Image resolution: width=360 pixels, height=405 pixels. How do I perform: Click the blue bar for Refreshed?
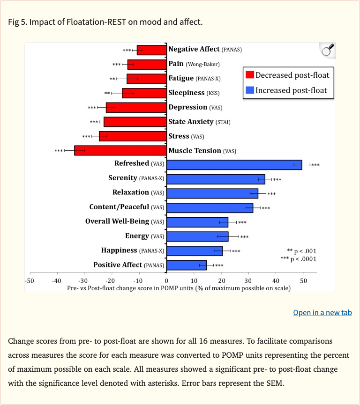pos(234,165)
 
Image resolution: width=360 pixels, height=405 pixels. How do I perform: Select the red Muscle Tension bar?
pos(120,151)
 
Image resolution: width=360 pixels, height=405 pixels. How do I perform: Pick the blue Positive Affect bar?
pos(187,265)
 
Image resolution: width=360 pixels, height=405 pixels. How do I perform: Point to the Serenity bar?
pos(216,179)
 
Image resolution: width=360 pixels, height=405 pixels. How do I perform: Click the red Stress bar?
pos(133,137)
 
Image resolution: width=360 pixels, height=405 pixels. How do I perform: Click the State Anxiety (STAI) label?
pos(199,122)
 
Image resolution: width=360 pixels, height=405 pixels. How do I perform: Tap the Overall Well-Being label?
pos(125,221)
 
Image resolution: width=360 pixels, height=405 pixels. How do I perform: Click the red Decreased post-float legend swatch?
pos(250,75)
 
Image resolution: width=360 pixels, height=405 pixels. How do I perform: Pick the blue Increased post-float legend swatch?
pos(250,90)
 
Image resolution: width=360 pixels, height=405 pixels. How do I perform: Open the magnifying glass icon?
pos(328,50)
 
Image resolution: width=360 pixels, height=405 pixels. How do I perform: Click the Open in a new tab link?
pos(322,313)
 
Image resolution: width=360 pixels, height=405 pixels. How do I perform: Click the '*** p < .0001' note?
pos(298,259)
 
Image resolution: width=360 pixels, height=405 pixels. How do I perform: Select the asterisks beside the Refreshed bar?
pos(315,165)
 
